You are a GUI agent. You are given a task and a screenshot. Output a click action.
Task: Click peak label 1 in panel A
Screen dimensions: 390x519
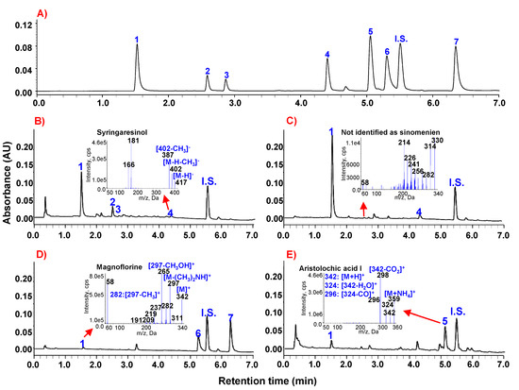(x=137, y=40)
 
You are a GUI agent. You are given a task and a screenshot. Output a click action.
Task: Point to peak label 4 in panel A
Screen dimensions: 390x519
(x=327, y=55)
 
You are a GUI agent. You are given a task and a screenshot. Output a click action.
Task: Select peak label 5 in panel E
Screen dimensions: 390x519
(x=444, y=321)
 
